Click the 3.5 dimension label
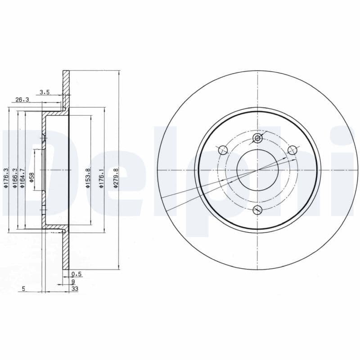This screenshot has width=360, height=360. click(x=44, y=92)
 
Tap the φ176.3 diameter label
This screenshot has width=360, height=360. click(x=6, y=177)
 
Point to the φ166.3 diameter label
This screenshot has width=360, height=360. click(x=14, y=177)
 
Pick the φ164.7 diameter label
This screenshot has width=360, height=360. click(x=22, y=177)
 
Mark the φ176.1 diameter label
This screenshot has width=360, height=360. click(x=102, y=177)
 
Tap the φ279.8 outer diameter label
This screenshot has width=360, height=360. click(x=116, y=177)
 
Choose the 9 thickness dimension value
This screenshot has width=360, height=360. click(x=73, y=281)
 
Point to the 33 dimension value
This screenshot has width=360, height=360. click(x=75, y=289)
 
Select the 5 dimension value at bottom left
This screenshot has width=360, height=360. click(x=23, y=289)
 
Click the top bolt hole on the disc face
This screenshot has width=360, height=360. click(x=257, y=138)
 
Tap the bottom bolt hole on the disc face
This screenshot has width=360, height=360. click(x=257, y=209)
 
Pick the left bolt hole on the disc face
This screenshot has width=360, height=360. click(x=222, y=150)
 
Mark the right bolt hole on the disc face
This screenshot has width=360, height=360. click(x=292, y=150)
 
